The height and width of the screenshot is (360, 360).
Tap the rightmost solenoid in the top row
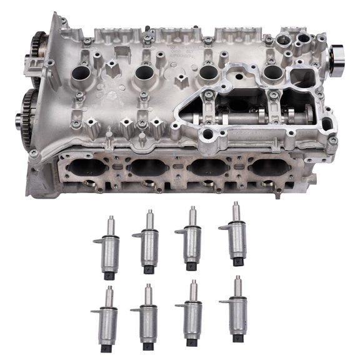coord(236,234)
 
